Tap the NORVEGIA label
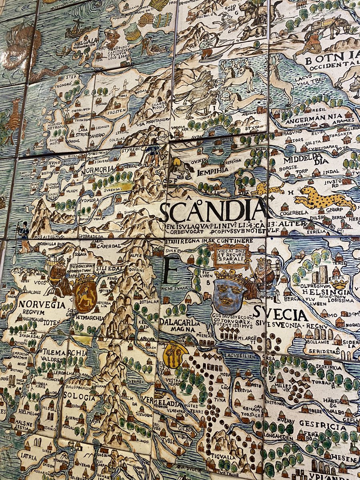(x=41, y=305)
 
